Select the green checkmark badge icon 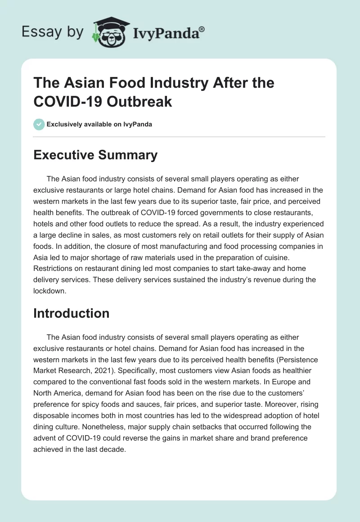pyautogui.click(x=39, y=124)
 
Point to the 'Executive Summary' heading pyautogui.click(x=95, y=155)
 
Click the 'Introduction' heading pyautogui.click(x=71, y=313)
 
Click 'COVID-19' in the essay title pyautogui.click(x=61, y=101)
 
